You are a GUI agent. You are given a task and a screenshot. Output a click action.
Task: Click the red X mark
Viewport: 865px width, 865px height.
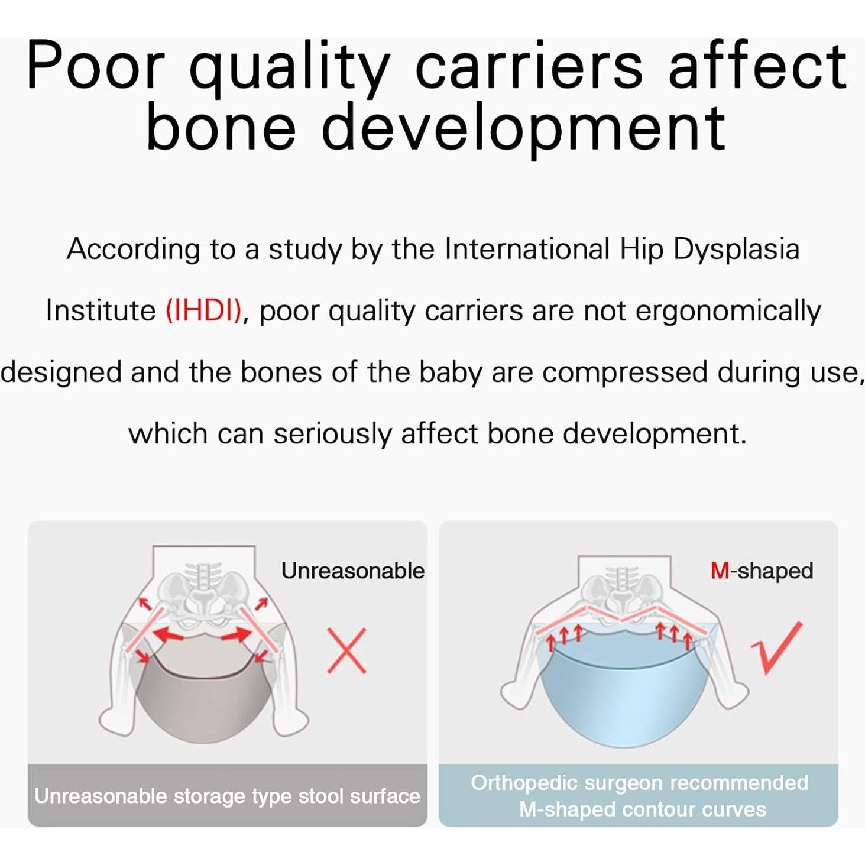tap(346, 650)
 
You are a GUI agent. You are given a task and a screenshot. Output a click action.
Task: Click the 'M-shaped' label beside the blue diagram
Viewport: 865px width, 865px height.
tap(762, 571)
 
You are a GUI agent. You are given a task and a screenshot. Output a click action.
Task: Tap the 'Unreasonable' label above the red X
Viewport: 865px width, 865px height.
tap(353, 571)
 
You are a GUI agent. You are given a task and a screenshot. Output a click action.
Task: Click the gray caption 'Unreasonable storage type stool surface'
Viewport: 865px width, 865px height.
tap(227, 797)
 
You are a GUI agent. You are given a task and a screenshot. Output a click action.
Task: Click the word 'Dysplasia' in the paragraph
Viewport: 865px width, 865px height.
tap(736, 250)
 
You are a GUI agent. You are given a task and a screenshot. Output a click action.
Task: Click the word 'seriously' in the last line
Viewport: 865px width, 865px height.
tap(333, 435)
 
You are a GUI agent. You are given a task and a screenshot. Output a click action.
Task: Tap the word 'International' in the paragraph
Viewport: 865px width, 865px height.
tap(527, 249)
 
